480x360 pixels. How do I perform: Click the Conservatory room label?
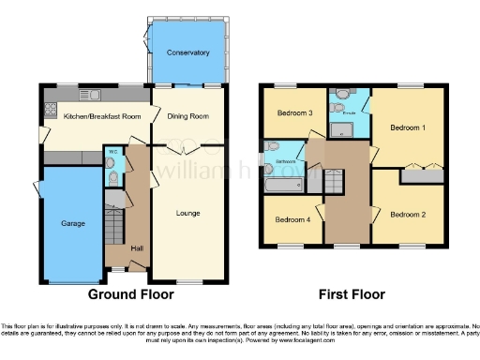[x=187, y=52]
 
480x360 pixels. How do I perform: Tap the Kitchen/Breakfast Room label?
[x=95, y=116]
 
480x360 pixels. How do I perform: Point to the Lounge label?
[x=188, y=213]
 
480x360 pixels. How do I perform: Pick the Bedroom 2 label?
[x=408, y=215]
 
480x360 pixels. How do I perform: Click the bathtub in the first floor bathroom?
[x=282, y=185]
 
